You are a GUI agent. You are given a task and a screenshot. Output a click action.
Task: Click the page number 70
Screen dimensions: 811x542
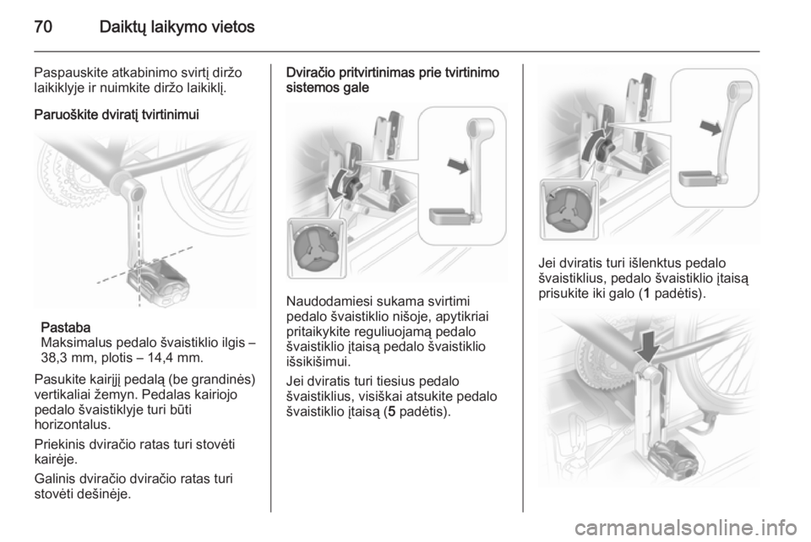click(x=43, y=26)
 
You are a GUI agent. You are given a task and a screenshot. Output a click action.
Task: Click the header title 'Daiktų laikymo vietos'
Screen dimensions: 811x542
click(x=177, y=26)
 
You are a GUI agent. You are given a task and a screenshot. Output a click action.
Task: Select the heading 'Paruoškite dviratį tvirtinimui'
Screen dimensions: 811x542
click(x=117, y=114)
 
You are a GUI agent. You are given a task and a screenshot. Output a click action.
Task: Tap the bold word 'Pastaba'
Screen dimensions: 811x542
click(x=66, y=327)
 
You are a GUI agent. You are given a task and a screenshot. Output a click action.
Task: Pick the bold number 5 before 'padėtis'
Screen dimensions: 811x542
click(x=391, y=412)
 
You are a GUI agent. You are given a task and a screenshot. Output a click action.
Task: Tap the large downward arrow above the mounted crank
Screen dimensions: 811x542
click(x=648, y=347)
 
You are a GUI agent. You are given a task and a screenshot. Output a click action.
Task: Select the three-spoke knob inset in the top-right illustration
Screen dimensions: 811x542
click(x=568, y=209)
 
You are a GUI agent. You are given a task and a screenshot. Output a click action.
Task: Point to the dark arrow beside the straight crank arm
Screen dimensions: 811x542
click(x=458, y=165)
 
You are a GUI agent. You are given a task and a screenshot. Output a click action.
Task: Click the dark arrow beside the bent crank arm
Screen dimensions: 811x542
click(x=710, y=127)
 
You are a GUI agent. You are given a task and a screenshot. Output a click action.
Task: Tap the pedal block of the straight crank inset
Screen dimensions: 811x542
click(x=449, y=216)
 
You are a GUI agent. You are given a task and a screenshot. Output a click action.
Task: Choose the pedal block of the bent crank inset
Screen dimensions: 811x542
click(x=697, y=178)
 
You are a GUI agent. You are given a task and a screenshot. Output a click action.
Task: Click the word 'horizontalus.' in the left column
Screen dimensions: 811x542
click(x=73, y=425)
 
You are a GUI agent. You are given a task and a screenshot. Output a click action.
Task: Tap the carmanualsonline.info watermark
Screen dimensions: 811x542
click(x=685, y=527)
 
